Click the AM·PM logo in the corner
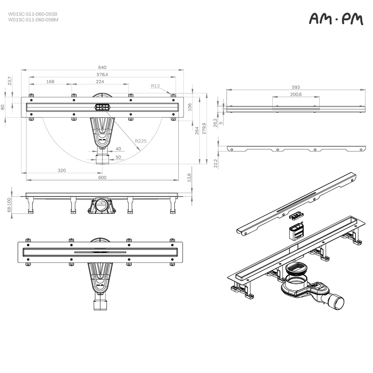[336, 19]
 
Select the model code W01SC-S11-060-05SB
[33, 14]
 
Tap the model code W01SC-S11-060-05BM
[33, 20]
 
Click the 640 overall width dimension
[102, 67]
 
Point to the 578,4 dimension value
[102, 75]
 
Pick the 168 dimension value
[50, 82]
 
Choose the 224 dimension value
[100, 82]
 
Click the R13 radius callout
[155, 86]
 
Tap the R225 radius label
[141, 141]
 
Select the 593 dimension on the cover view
[296, 87]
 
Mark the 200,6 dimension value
[296, 94]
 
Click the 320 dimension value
[62, 170]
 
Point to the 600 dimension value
[102, 178]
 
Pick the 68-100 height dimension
[9, 205]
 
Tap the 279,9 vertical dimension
[204, 129]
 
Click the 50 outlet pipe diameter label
[118, 157]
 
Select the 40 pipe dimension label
[118, 149]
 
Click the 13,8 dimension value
[189, 178]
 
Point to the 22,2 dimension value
[216, 163]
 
